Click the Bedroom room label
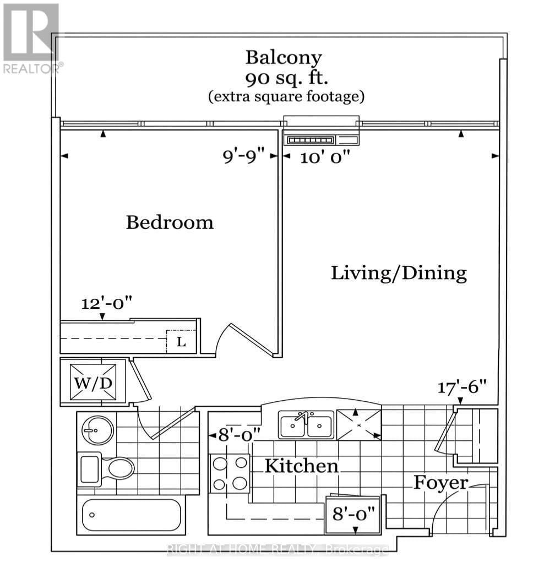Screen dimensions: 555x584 coord(170,222)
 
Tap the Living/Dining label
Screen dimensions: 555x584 coord(399,273)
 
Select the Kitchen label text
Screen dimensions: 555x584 coord(302,466)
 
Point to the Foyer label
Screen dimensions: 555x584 coord(441,483)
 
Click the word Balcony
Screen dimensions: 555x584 coord(284,58)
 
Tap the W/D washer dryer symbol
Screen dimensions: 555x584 coord(93,383)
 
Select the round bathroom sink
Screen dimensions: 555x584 coord(97,430)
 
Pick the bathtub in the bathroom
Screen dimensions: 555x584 coord(132,515)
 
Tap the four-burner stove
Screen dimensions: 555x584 coord(230,473)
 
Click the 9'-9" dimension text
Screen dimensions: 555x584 coord(243,156)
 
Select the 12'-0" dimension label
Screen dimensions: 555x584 coord(107,303)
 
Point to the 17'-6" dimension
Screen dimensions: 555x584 coord(462,387)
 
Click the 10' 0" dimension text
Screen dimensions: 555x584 coord(325,157)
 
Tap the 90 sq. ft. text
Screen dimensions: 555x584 coord(286,78)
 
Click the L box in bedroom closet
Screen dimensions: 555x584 coord(181,341)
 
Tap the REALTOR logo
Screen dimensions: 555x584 coord(32,37)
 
